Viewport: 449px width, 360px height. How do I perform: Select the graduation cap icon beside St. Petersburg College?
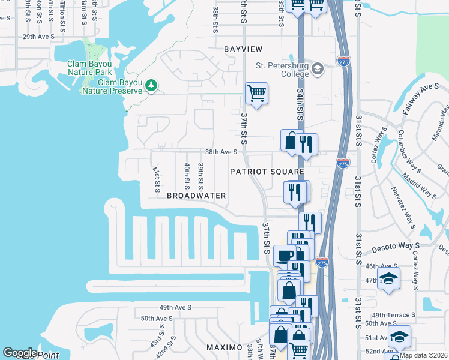(x=318, y=70)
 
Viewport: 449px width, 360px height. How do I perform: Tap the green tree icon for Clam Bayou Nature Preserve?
(x=152, y=86)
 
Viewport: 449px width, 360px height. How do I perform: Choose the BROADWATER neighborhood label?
(x=196, y=196)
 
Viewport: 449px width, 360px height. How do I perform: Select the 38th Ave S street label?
(x=221, y=152)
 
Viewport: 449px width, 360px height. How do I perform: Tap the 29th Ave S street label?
(x=38, y=37)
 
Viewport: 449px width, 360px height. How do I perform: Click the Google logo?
(x=20, y=353)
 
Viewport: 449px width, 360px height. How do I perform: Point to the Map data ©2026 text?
(x=424, y=355)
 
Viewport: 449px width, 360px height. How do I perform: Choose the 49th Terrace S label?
(x=394, y=315)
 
